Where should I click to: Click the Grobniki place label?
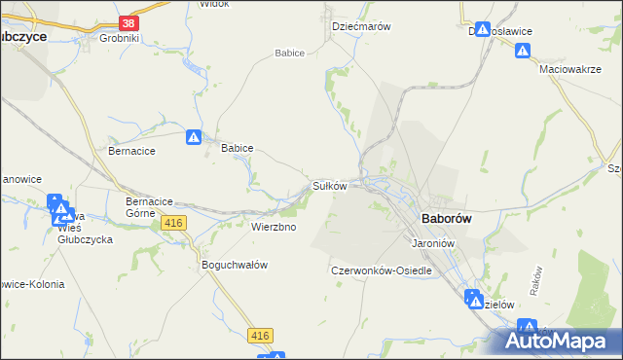click(120, 39)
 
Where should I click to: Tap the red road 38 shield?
click(128, 22)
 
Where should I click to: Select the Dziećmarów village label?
click(361, 27)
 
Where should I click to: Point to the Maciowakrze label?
click(569, 70)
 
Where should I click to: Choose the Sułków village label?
click(330, 185)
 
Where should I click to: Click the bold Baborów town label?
click(446, 219)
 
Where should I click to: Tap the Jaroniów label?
click(434, 242)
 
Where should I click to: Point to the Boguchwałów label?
click(234, 265)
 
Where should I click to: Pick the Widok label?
click(213, 4)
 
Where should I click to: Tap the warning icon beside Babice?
click(195, 138)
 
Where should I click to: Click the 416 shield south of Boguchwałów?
click(259, 336)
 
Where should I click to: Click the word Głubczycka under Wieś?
click(85, 239)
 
